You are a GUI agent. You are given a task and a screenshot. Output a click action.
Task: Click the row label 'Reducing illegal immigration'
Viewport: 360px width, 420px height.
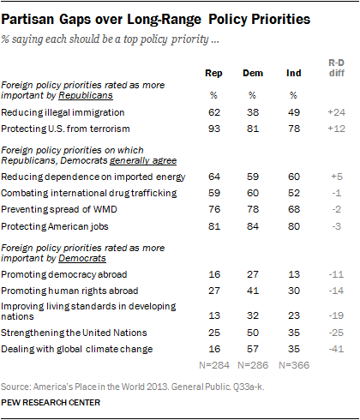pyautogui.click(x=63, y=112)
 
